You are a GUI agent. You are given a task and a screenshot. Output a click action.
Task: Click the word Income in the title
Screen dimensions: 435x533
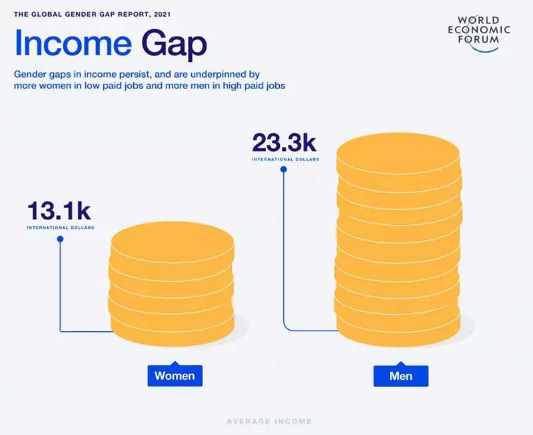click(x=72, y=44)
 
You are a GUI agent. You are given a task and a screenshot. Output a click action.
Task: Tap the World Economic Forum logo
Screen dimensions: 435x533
click(x=479, y=29)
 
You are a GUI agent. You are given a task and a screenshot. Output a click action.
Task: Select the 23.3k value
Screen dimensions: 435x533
click(x=283, y=142)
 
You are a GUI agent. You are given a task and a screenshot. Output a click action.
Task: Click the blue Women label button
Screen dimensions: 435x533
click(x=175, y=376)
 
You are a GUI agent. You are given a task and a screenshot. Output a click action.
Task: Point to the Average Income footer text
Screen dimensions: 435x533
click(x=269, y=421)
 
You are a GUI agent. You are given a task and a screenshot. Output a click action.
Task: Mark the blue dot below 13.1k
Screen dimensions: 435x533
click(x=61, y=239)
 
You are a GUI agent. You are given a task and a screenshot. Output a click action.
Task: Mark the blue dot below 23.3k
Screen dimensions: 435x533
click(x=284, y=170)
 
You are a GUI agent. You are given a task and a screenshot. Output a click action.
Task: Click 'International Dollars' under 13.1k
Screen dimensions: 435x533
click(x=61, y=227)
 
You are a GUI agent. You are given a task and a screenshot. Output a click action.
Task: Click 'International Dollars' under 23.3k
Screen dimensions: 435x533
click(x=285, y=160)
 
